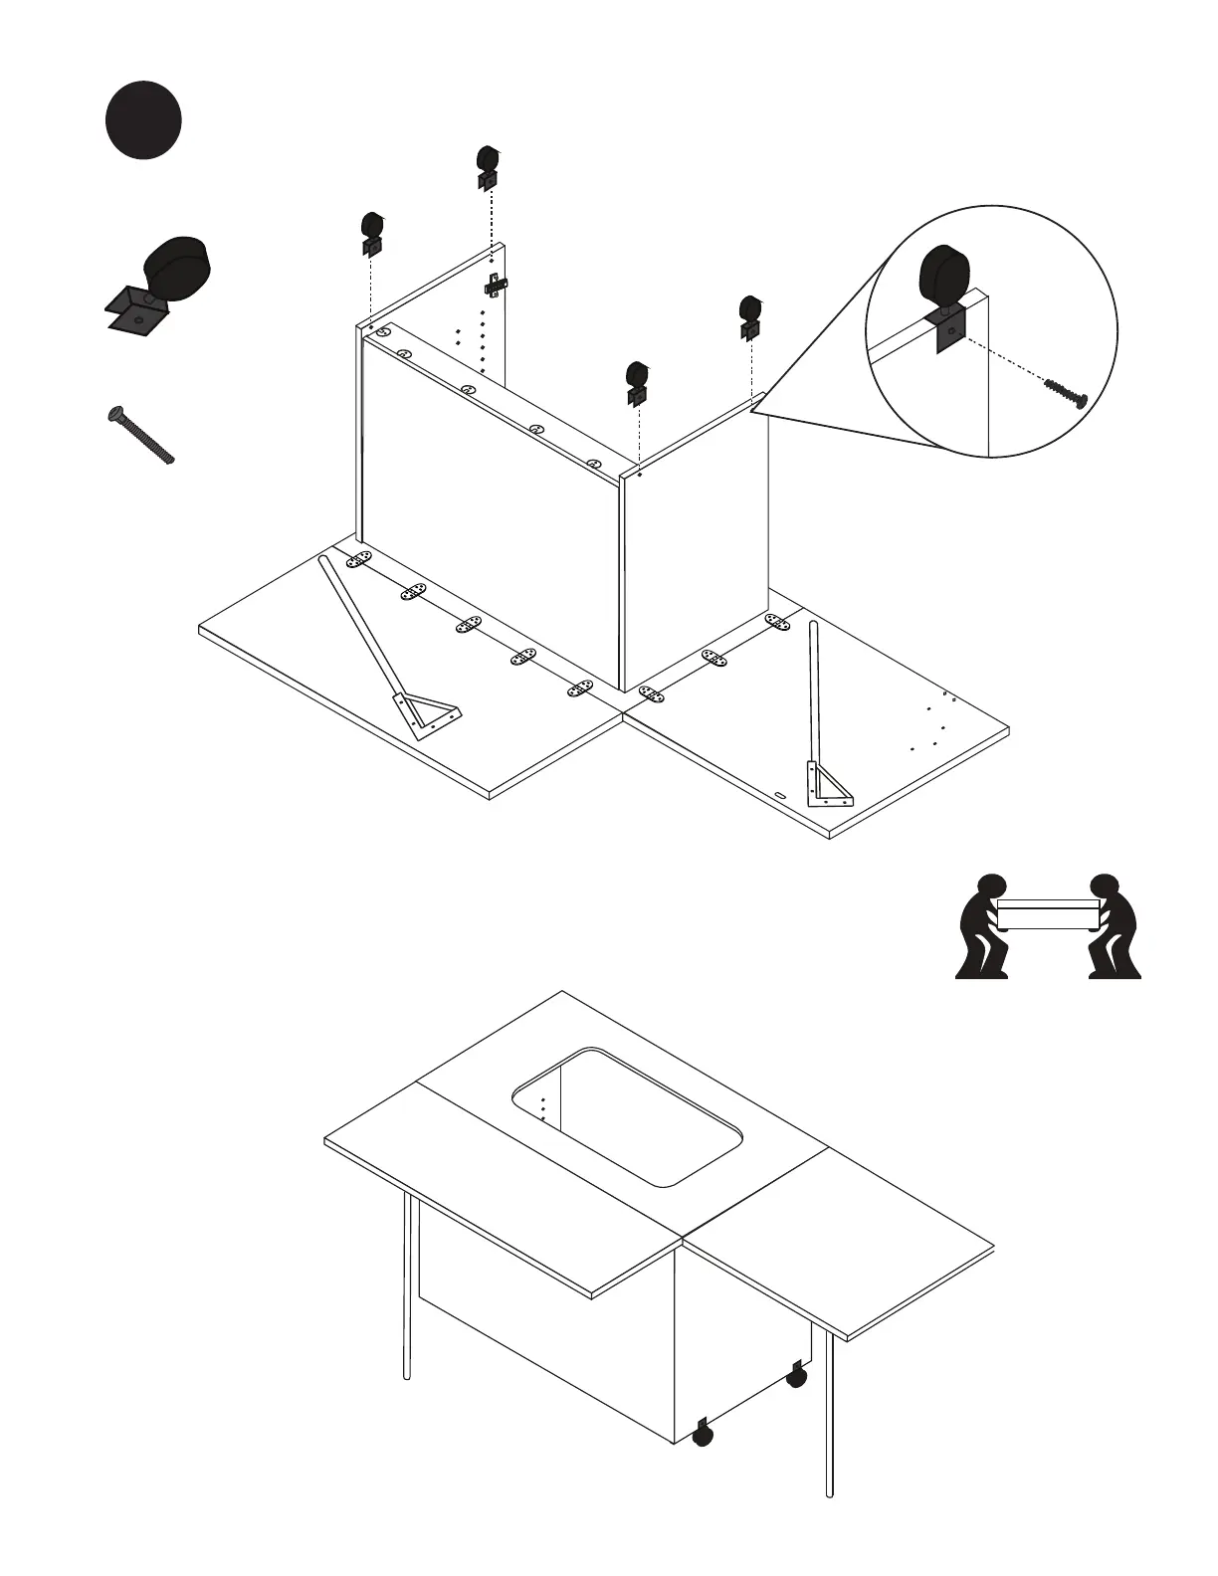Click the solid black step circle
[x=143, y=120]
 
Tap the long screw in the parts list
[x=140, y=435]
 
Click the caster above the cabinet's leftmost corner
[x=372, y=232]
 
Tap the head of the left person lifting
[x=991, y=887]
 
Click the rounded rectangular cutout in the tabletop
[x=627, y=1115]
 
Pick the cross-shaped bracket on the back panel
[x=495, y=286]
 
